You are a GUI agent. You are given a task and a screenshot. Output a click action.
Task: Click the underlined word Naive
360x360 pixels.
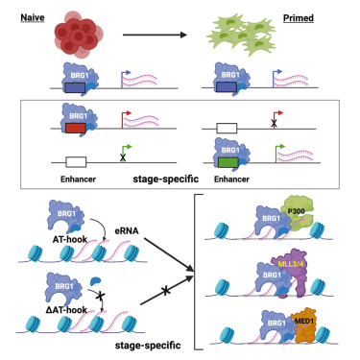33,17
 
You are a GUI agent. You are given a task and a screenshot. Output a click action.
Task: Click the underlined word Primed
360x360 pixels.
299,18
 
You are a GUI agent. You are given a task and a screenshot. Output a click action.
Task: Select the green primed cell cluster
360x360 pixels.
242,35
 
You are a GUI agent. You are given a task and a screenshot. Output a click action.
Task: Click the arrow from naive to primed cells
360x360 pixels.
155,35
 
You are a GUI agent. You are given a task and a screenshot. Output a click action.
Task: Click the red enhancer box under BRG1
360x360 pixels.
76,129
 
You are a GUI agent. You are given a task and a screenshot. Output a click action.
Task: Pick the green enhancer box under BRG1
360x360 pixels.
228,162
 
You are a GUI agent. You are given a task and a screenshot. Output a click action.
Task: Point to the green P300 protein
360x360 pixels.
298,215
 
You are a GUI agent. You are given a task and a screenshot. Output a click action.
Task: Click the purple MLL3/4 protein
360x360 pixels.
291,272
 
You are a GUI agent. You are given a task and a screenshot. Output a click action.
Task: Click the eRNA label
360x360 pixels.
127,230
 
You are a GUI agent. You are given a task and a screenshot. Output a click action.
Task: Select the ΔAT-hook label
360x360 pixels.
66,310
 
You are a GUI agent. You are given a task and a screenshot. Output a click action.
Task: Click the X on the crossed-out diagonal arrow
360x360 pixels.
165,291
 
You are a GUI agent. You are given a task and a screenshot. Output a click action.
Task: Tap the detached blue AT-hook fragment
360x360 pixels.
95,281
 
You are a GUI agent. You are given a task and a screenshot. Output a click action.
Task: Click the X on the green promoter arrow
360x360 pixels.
123,157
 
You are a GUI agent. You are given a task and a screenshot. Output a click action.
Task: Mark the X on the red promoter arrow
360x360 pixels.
274,123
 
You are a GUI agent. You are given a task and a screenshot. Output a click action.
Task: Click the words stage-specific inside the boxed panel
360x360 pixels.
166,179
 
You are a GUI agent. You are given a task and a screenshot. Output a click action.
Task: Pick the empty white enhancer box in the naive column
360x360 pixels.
76,162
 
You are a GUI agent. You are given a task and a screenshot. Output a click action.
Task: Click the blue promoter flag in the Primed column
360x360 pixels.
276,78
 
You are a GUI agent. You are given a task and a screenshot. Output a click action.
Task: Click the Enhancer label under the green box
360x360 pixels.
231,180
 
